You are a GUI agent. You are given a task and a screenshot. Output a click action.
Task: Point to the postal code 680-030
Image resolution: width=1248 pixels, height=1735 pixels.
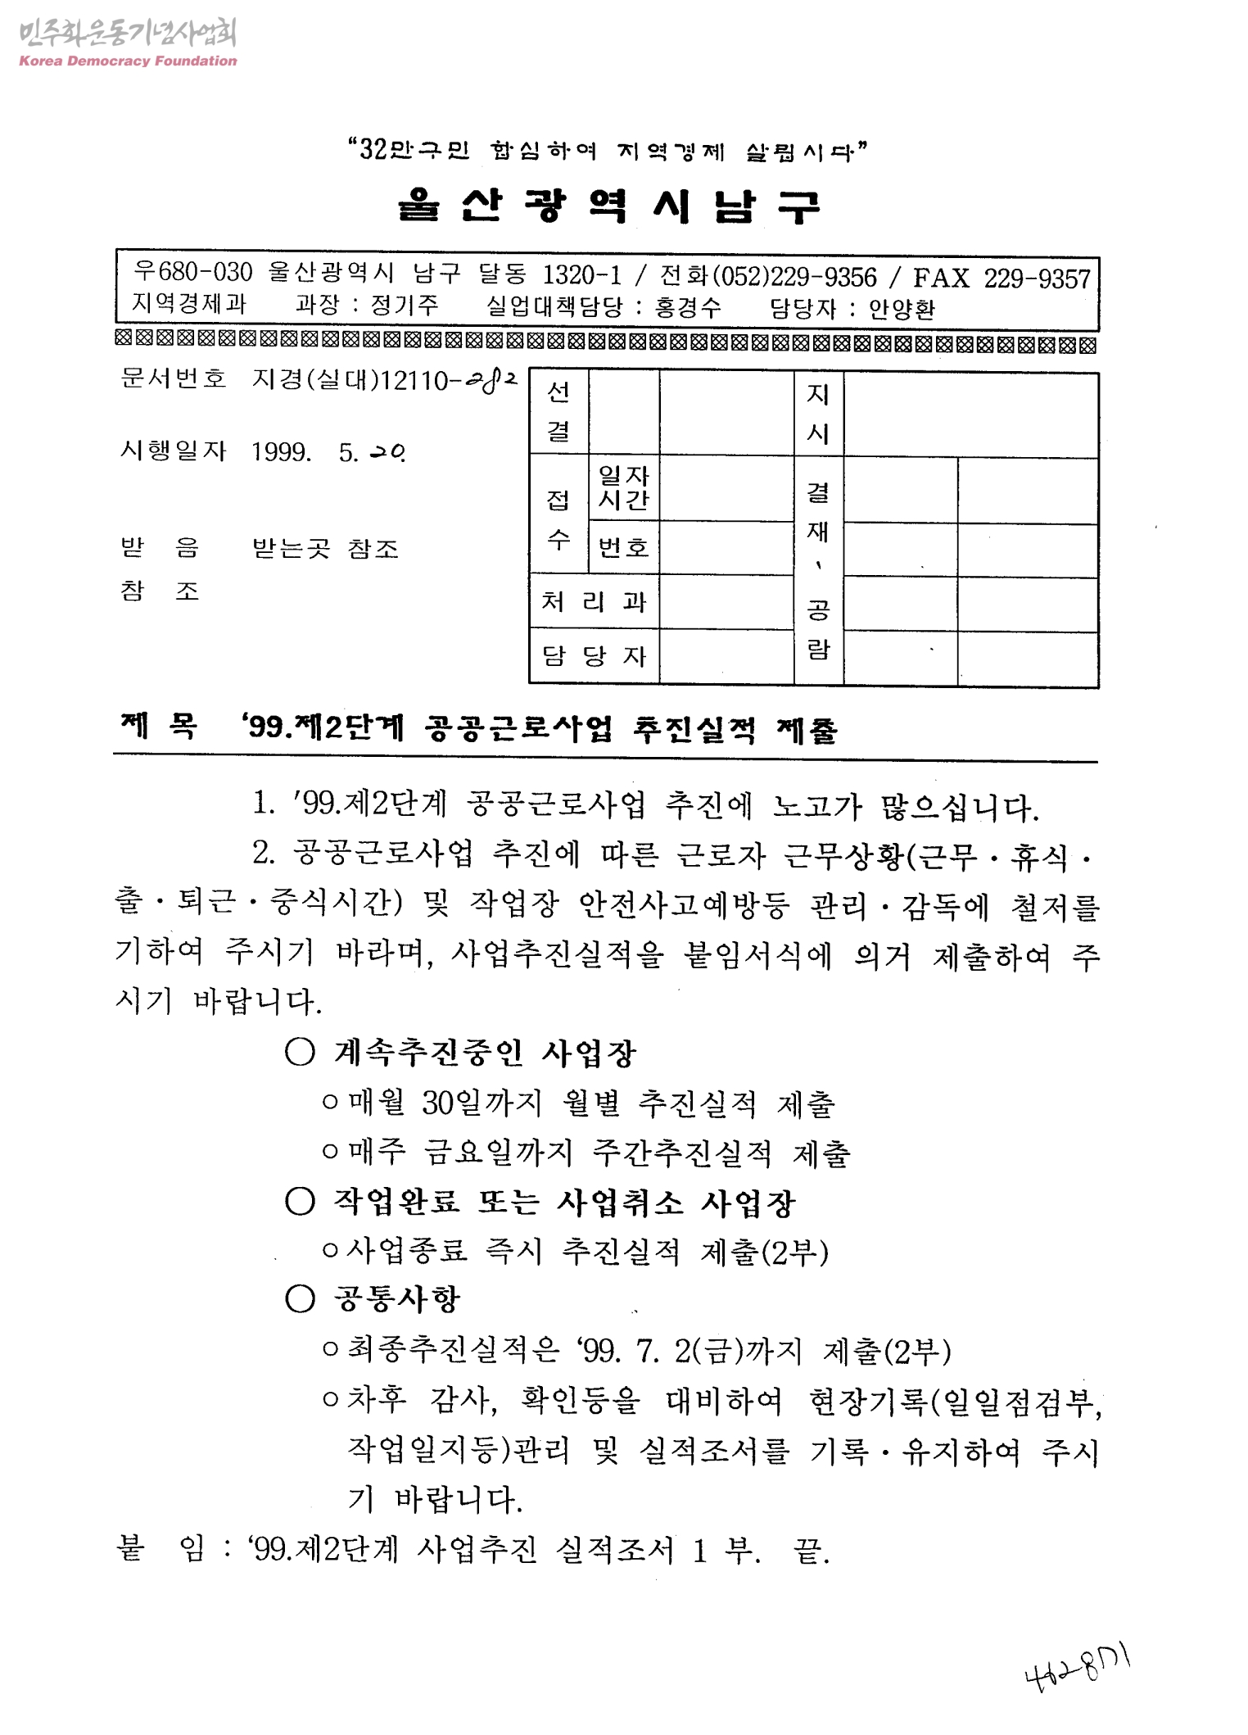(205, 273)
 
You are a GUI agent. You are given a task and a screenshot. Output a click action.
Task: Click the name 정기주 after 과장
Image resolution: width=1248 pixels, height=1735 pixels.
(405, 306)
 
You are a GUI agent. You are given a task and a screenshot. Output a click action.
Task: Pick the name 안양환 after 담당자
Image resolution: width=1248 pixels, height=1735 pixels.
(902, 309)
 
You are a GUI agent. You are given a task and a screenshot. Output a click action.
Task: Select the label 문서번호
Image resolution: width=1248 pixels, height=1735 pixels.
(173, 378)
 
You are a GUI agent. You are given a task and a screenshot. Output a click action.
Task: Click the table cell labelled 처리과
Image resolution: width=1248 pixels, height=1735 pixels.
(594, 602)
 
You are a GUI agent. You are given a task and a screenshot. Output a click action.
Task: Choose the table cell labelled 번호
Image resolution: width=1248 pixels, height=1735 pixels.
(623, 547)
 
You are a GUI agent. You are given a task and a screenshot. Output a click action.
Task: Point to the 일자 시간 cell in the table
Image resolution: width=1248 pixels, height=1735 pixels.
(623, 487)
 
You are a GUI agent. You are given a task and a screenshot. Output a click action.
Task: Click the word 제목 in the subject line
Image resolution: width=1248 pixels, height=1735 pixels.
(160, 726)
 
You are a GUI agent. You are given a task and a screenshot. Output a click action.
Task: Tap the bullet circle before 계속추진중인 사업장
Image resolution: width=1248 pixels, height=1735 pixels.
(301, 1053)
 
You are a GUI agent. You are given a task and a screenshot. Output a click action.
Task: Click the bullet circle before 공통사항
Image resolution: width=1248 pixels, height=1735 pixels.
(301, 1298)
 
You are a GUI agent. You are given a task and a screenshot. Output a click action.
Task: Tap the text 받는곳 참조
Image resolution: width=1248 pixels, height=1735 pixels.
(325, 548)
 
